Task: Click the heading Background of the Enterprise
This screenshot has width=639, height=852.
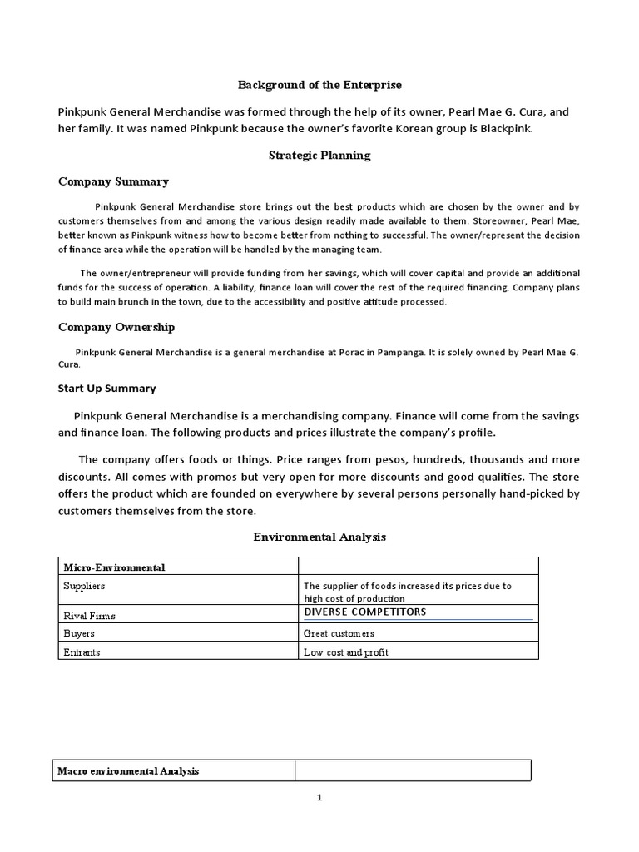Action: (319, 85)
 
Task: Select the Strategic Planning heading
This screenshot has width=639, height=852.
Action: (319, 155)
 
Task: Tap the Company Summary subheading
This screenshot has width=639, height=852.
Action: (113, 181)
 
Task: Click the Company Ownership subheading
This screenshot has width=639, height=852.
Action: (116, 327)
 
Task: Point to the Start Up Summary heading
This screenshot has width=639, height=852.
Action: (106, 388)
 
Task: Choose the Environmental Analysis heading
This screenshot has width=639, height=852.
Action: (319, 537)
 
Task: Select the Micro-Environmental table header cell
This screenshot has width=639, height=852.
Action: (114, 567)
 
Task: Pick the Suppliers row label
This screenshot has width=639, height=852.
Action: (84, 586)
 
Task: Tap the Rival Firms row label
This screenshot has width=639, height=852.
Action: (89, 616)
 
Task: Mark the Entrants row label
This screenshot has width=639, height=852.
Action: (82, 652)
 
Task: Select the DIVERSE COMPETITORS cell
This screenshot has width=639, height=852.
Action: (364, 612)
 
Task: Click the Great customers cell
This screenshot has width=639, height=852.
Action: (339, 634)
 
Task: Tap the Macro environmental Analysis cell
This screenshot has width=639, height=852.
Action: (127, 771)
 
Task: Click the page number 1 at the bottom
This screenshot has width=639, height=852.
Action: (319, 798)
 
